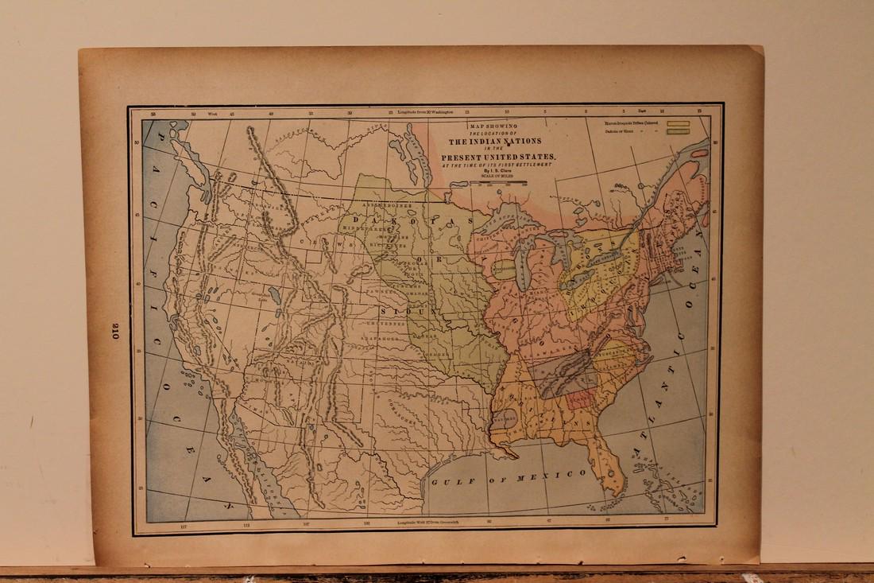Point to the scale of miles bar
500,184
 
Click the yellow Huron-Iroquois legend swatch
677,124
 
